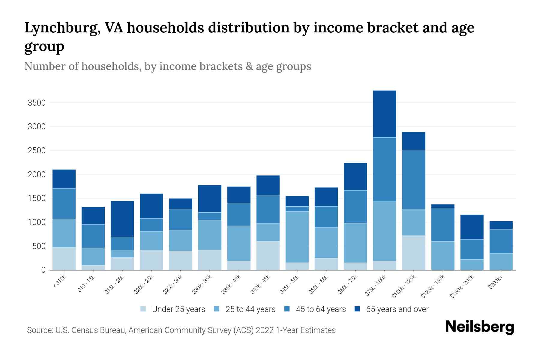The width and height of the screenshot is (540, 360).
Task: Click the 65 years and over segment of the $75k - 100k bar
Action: pyautogui.click(x=384, y=114)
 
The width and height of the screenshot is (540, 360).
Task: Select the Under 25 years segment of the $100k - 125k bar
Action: pyautogui.click(x=413, y=253)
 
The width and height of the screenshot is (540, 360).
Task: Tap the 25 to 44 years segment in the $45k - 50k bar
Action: pyautogui.click(x=297, y=237)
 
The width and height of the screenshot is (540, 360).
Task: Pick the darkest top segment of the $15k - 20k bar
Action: pyautogui.click(x=122, y=219)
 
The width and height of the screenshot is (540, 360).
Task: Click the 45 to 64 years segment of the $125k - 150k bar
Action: pyautogui.click(x=442, y=224)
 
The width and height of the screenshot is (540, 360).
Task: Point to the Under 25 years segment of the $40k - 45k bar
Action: pyautogui.click(x=268, y=255)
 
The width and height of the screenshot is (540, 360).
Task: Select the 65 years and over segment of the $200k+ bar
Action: pyautogui.click(x=501, y=225)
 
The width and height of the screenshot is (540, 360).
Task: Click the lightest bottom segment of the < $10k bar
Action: pyautogui.click(x=64, y=259)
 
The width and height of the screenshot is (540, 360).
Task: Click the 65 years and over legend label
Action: pyautogui.click(x=397, y=309)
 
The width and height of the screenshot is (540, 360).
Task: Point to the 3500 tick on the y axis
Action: pyautogui.click(x=37, y=103)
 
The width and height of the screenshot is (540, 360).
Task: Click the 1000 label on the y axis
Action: pyautogui.click(x=37, y=223)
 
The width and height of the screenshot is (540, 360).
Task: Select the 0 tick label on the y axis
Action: pyautogui.click(x=43, y=270)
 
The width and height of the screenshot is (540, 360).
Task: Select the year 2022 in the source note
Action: pyautogui.click(x=265, y=330)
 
